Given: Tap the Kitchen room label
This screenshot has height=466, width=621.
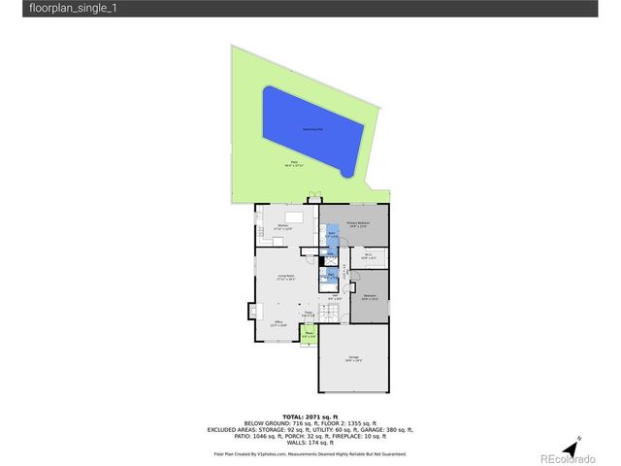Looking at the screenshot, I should point(282,227).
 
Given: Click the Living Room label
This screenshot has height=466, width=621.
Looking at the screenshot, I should point(286,278).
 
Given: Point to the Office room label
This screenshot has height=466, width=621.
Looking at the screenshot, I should point(278,322).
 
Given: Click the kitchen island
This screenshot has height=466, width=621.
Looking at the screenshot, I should point(294,216).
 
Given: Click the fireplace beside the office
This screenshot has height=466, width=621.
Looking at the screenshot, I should point(254,311).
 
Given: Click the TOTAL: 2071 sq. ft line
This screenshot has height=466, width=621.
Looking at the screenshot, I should point(310,416).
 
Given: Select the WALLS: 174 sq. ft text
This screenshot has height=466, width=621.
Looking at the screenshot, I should point(310,443).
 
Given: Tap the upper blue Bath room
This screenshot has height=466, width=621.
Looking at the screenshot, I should point(331,236).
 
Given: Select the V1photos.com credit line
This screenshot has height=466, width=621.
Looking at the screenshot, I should point(310,453).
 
